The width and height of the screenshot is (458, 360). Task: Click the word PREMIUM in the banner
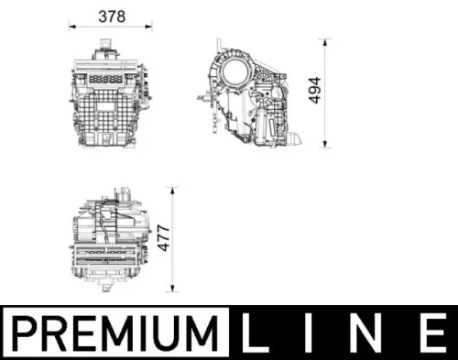click(118, 331)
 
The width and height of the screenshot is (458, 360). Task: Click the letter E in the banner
click(431, 331)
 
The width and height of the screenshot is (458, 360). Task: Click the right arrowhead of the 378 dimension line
click(152, 27)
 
